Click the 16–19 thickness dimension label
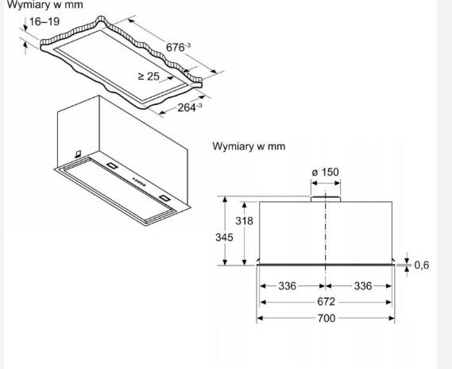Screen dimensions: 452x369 [x=44, y=21]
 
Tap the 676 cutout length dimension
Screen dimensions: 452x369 [x=178, y=47]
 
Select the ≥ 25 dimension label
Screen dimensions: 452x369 [x=149, y=76]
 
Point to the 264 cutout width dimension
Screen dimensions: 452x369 [x=190, y=107]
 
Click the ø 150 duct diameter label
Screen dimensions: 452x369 [x=326, y=173]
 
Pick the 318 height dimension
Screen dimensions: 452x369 [x=244, y=221]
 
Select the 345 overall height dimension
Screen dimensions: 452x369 [x=224, y=238]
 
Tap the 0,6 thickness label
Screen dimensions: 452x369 [x=422, y=265]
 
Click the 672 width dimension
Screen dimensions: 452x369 [x=326, y=301]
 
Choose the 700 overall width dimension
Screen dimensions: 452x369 [x=326, y=319]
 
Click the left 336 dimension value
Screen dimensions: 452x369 [x=287, y=286]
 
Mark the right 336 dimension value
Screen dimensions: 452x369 [x=363, y=286]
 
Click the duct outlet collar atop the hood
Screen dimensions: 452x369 [x=326, y=199]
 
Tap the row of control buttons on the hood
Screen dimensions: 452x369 [x=139, y=182]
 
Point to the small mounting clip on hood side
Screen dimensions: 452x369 [x=78, y=154]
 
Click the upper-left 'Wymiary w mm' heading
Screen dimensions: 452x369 [x=45, y=5]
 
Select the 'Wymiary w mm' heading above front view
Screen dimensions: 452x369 [x=249, y=146]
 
